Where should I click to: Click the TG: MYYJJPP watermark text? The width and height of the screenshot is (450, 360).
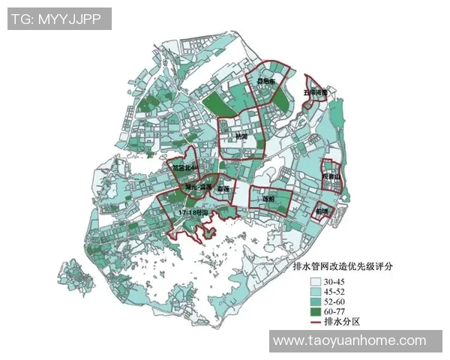tap(59, 19)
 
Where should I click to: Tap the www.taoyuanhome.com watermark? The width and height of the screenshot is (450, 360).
tap(349, 340)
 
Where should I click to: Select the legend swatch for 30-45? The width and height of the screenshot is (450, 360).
tap(317, 281)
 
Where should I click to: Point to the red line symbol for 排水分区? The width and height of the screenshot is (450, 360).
tap(317, 322)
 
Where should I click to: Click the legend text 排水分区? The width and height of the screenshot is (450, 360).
tap(344, 322)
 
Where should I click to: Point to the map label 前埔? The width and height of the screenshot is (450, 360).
tap(322, 211)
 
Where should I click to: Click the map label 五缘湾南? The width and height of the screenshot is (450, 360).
tap(315, 93)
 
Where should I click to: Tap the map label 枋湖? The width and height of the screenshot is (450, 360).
tap(240, 136)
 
